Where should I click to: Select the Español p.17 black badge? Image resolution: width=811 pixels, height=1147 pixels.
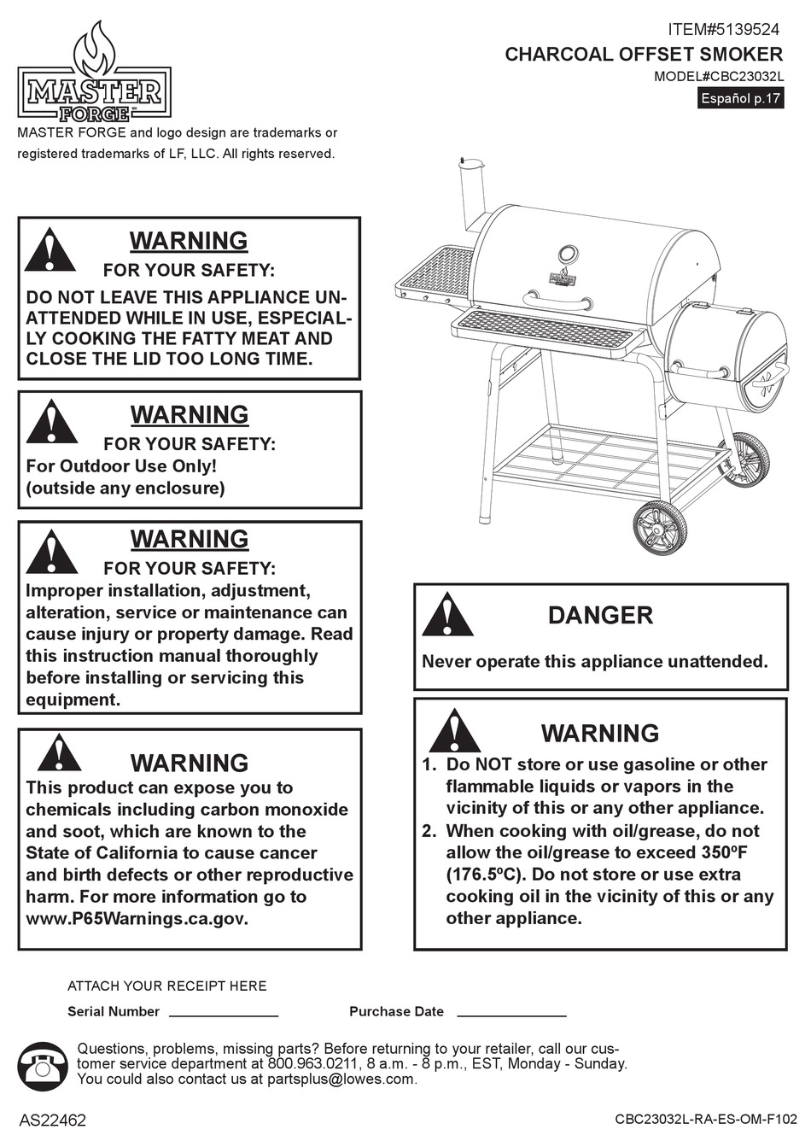coord(741,98)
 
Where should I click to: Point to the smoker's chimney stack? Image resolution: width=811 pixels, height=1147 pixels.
coord(470,195)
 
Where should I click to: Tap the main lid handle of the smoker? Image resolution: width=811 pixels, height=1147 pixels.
coord(555,301)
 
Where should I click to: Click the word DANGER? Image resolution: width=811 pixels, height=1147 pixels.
coord(600,616)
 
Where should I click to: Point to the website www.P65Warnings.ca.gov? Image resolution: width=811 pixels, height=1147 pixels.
coord(137,919)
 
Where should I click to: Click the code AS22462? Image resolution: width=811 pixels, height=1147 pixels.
coord(52,1121)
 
